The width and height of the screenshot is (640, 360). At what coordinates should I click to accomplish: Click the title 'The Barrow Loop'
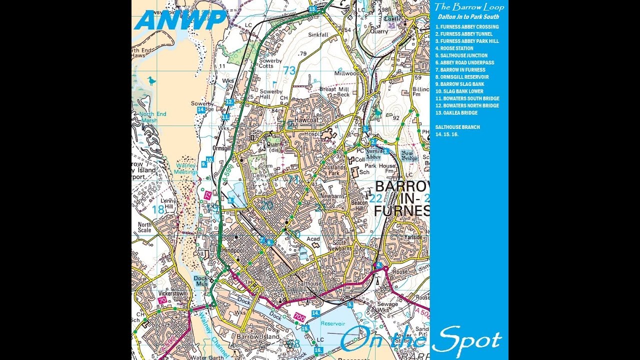pyautogui.click(x=468, y=7)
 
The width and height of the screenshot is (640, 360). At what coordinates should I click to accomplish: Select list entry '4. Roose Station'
pyautogui.click(x=454, y=48)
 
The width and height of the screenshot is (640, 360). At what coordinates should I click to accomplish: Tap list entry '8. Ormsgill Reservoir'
pyautogui.click(x=462, y=77)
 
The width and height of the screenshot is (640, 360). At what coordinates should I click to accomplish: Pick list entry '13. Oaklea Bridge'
pyautogui.click(x=456, y=113)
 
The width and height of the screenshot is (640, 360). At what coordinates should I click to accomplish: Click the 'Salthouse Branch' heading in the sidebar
pyautogui.click(x=457, y=127)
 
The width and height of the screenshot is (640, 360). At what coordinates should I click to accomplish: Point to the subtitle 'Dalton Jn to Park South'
pyautogui.click(x=468, y=17)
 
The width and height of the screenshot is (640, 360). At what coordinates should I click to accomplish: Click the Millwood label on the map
pyautogui.click(x=347, y=73)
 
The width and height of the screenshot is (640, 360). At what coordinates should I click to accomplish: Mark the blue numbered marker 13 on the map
pyautogui.click(x=312, y=9)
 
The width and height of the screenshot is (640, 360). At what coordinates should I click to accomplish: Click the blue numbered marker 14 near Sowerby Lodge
pyautogui.click(x=201, y=109)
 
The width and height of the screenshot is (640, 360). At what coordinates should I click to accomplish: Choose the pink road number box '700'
pyautogui.click(x=299, y=317)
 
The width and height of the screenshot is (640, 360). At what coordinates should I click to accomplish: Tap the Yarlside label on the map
pyautogui.click(x=414, y=237)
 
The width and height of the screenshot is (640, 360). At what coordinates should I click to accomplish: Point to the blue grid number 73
pyautogui.click(x=289, y=70)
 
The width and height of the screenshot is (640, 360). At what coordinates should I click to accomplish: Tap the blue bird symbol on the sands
pyautogui.click(x=151, y=80)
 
